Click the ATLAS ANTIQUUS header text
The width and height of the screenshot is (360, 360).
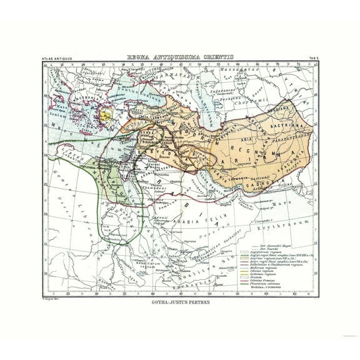[57, 61]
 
